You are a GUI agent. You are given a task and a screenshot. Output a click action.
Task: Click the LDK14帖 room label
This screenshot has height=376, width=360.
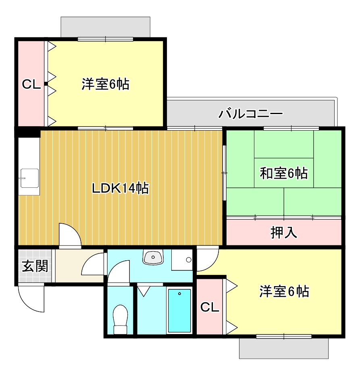(x=120, y=188)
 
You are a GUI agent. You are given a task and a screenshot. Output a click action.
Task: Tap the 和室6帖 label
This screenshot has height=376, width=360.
(x=284, y=173)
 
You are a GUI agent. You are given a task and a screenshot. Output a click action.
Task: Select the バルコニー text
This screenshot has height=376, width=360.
(x=251, y=114)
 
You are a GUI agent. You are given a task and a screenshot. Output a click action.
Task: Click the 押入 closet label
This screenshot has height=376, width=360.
(x=284, y=233)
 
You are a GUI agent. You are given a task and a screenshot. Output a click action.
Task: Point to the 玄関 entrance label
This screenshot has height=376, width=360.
(x=35, y=266)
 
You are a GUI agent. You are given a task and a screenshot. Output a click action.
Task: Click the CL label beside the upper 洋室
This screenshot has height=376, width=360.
(x=31, y=84)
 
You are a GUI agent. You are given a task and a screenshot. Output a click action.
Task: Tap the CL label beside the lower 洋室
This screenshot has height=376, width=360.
(x=210, y=307)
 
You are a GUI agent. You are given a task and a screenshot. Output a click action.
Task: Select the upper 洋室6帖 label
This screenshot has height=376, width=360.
(x=106, y=84)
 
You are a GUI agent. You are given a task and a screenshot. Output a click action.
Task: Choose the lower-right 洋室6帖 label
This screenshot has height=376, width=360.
(x=284, y=291)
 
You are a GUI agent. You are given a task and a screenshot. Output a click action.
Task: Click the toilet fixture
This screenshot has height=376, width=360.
(x=120, y=318)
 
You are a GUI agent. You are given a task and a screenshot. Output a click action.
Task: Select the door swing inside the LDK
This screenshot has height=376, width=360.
(x=69, y=234)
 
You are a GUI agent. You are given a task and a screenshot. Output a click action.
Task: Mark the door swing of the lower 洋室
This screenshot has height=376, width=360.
(x=206, y=260)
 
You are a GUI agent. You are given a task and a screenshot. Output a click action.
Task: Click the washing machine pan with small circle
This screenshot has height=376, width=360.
(x=182, y=260)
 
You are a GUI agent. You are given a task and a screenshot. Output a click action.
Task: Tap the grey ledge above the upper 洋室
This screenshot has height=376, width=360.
(x=105, y=27)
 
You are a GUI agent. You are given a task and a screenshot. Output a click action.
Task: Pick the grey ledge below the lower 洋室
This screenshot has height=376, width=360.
(x=284, y=348)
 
